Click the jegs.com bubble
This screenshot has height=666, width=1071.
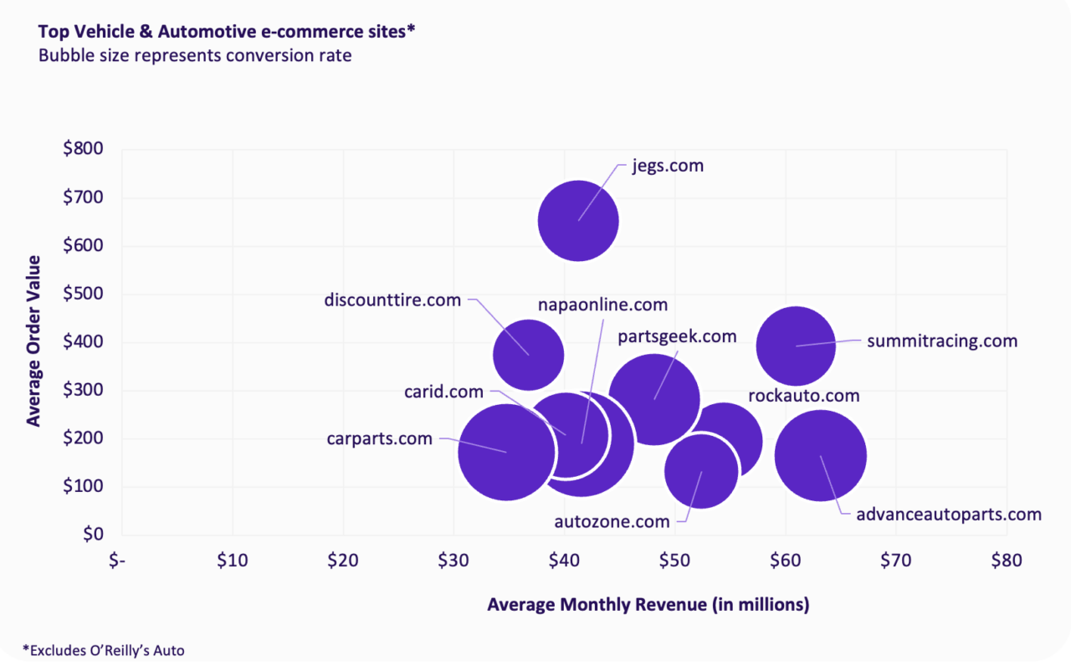coord(578,221)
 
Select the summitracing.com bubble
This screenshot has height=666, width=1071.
coord(796,345)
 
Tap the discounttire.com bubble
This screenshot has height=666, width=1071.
coord(528,354)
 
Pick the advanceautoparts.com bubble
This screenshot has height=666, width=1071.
coord(821,456)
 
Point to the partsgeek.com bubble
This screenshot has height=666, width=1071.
coord(654,399)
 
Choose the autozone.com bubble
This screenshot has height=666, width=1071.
coord(701,471)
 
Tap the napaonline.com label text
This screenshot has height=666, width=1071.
coord(602,305)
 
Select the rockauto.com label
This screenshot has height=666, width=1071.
coord(803,396)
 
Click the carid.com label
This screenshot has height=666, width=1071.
coord(443,392)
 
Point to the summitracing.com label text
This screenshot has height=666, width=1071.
coord(942,341)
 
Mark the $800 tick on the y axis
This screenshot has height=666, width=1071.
coord(83,149)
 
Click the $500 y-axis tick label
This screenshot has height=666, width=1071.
coord(83,294)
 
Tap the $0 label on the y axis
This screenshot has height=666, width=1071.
coord(92,535)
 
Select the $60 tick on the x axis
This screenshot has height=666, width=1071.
coord(785,560)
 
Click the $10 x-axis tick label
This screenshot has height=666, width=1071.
coord(232,560)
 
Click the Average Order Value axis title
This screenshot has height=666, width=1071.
coord(33,342)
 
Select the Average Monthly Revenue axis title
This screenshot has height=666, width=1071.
coord(648,605)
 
